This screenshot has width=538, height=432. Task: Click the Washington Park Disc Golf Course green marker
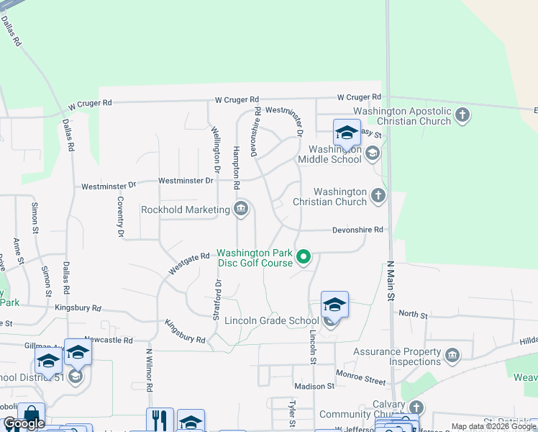pyautogui.click(x=304, y=256)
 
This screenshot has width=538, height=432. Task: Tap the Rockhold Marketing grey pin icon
pyautogui.click(x=241, y=210)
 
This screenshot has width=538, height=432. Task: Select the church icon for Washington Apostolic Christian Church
pyautogui.click(x=462, y=114)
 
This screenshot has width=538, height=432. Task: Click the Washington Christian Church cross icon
pyautogui.click(x=378, y=195)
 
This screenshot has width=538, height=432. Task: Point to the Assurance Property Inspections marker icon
pyautogui.click(x=452, y=355)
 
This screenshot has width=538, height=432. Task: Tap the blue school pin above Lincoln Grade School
pyautogui.click(x=334, y=305)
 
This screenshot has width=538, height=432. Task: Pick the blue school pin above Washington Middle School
pyautogui.click(x=346, y=133)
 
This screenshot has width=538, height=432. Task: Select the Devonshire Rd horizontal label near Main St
pyautogui.click(x=358, y=230)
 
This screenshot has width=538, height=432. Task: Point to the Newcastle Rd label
pyautogui.click(x=109, y=339)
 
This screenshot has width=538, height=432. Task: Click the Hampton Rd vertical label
pyautogui.click(x=236, y=168)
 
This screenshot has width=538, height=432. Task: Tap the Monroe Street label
pyautogui.click(x=360, y=377)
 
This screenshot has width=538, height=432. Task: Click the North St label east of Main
pyautogui.click(x=413, y=315)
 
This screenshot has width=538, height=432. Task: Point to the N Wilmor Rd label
pyautogui.click(x=150, y=372)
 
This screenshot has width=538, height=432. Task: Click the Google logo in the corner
pyautogui.click(x=24, y=423)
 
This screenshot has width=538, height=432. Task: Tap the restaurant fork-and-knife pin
pyautogui.click(x=160, y=420)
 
